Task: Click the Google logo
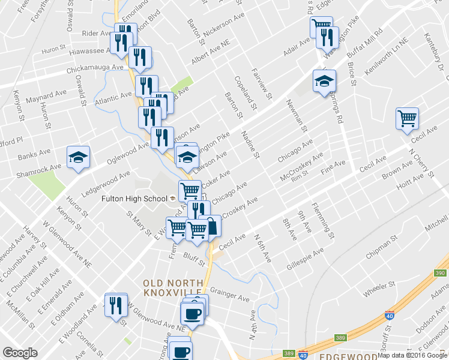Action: [x=20, y=353]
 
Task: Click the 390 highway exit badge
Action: [x=441, y=272]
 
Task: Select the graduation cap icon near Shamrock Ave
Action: [x=78, y=157]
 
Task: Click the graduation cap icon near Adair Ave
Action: [x=324, y=80]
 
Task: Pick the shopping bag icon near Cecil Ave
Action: [x=211, y=226]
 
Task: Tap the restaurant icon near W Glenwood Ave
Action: [x=115, y=304]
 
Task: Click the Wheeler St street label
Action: [x=380, y=289]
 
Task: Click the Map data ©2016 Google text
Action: [x=412, y=355]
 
